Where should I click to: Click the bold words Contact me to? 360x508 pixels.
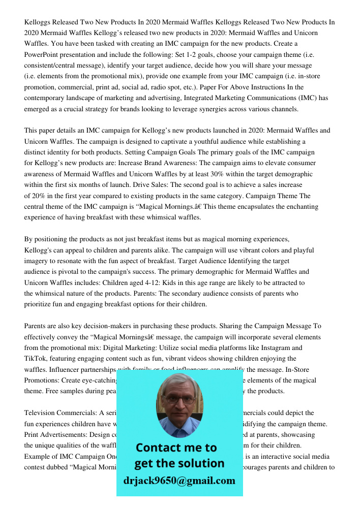pyautogui.click(x=176, y=448)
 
